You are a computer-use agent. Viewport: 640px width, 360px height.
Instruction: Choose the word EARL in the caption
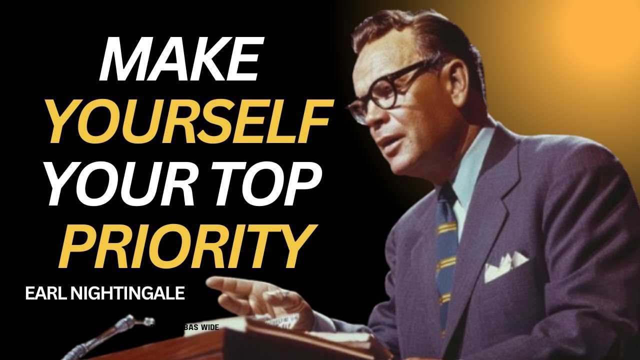[44, 294]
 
